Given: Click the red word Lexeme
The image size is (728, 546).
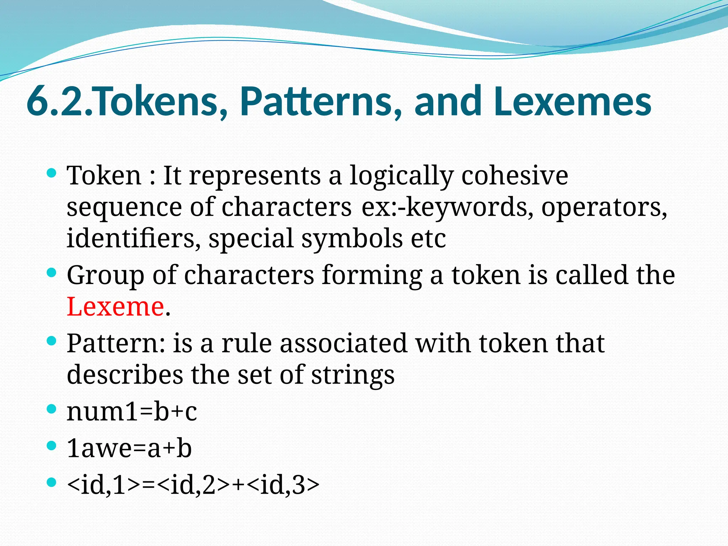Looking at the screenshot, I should coord(116,306).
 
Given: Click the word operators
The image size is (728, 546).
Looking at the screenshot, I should coord(604,207).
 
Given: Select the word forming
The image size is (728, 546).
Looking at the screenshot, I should coord(372,276).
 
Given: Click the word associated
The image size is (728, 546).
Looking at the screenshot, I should coord(343,343).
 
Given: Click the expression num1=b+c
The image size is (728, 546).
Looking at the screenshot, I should coord(132,412).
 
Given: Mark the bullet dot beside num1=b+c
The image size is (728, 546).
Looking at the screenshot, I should coord(52,409).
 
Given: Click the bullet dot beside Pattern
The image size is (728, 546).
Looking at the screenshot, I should coord(52,341).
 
